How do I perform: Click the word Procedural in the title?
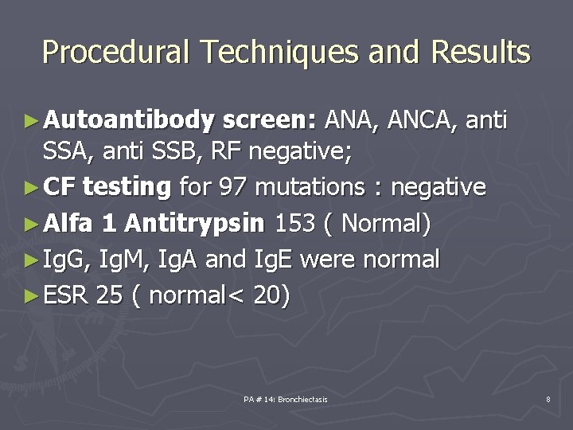[x=115, y=53]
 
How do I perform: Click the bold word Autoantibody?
[x=129, y=121]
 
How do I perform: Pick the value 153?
[x=294, y=224]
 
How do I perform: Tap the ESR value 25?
[x=108, y=296]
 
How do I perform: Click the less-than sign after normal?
[x=237, y=296]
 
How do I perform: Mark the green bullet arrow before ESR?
[x=31, y=296]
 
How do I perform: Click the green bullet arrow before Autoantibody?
[x=31, y=122]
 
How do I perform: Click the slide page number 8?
[x=548, y=399]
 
